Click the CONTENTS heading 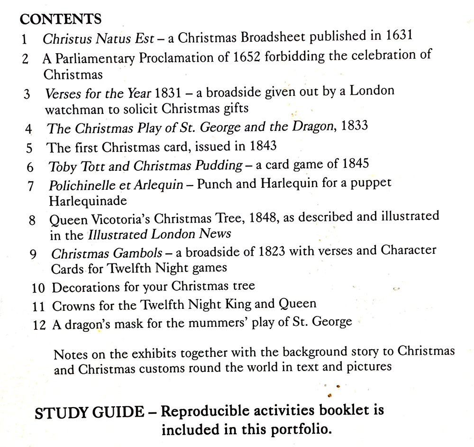(x=60, y=19)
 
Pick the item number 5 (x=29, y=148)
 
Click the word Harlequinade (x=88, y=201)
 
